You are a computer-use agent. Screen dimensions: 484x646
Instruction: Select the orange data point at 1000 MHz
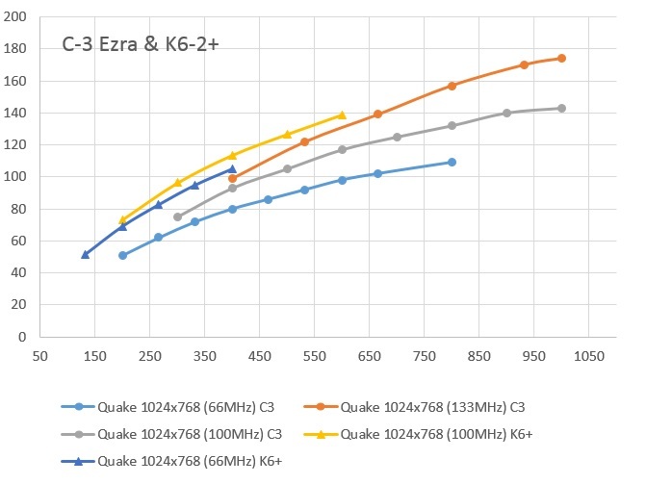(561, 58)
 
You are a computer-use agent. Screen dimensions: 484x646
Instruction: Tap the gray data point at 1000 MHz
(561, 108)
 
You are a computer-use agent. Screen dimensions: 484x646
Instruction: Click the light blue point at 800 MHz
(452, 162)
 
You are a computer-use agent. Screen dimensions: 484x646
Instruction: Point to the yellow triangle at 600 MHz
(342, 115)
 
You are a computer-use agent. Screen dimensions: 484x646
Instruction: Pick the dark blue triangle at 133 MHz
(86, 254)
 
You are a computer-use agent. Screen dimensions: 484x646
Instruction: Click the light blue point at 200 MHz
(122, 255)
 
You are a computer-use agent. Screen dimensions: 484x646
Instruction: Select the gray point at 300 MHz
(177, 217)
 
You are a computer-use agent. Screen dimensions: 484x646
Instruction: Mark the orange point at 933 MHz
(525, 64)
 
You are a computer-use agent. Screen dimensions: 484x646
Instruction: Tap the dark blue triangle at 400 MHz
(232, 168)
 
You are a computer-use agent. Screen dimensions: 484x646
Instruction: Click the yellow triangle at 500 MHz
(287, 134)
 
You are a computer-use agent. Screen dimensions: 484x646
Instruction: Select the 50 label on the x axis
(40, 356)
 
